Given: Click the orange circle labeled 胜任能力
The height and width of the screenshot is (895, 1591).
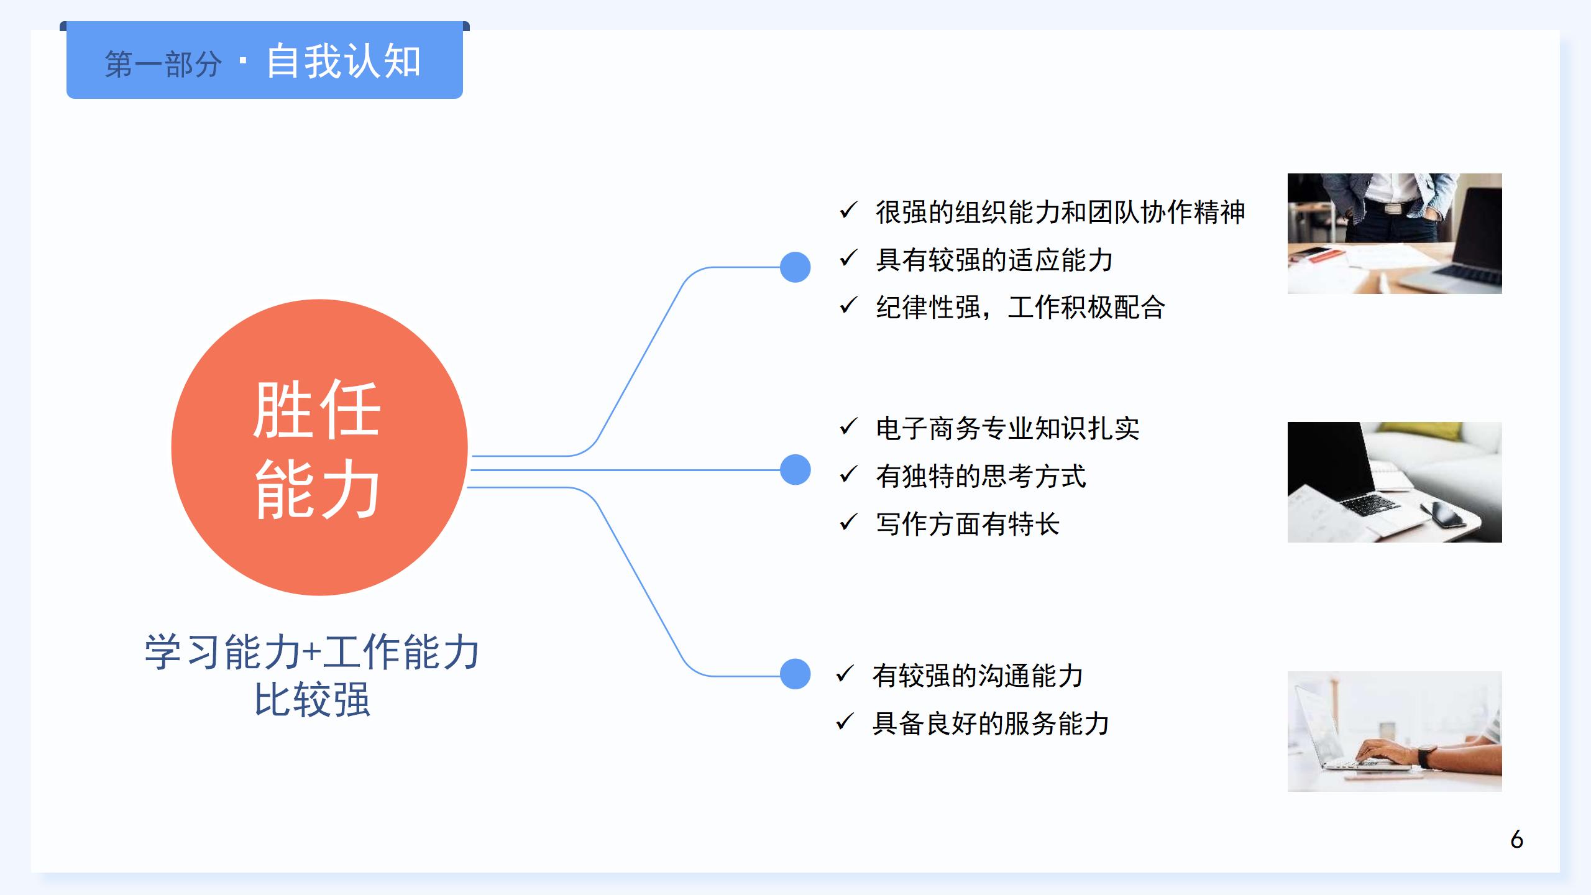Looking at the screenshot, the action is click(x=319, y=447).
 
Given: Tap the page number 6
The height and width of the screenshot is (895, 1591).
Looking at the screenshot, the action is click(x=1516, y=840).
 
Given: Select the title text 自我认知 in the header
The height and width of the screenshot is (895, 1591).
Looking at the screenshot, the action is click(x=344, y=62).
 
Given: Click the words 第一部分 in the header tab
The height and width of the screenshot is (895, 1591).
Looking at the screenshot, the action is click(x=163, y=65).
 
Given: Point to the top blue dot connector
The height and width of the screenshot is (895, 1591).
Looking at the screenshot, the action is click(x=795, y=267).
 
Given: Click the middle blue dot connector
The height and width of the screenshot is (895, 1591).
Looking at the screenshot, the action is click(x=795, y=470).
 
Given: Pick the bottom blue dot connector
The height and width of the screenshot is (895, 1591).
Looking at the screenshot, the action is click(x=795, y=674).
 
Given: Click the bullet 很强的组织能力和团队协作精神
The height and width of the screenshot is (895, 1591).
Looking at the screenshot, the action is click(x=1060, y=212).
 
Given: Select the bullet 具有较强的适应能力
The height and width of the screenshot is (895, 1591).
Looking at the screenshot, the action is click(x=994, y=260).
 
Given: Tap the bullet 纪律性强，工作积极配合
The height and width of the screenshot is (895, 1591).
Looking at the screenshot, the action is click(x=1020, y=307).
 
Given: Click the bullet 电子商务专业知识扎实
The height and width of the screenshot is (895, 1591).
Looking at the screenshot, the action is click(x=1007, y=428).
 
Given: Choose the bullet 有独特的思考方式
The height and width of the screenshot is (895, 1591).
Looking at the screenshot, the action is click(x=981, y=476).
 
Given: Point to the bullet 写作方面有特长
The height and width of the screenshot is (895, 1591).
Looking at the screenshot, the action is click(x=968, y=524).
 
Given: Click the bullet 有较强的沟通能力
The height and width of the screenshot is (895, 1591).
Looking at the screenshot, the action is click(x=978, y=676).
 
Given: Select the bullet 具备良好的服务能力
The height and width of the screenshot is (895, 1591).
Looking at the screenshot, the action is click(x=991, y=723).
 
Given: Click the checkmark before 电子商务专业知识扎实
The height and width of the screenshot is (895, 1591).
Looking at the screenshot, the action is click(x=848, y=427).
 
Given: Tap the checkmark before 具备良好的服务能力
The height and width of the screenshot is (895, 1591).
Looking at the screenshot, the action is click(x=845, y=722).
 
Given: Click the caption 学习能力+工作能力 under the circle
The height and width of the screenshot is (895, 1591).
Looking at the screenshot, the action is click(x=312, y=652).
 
